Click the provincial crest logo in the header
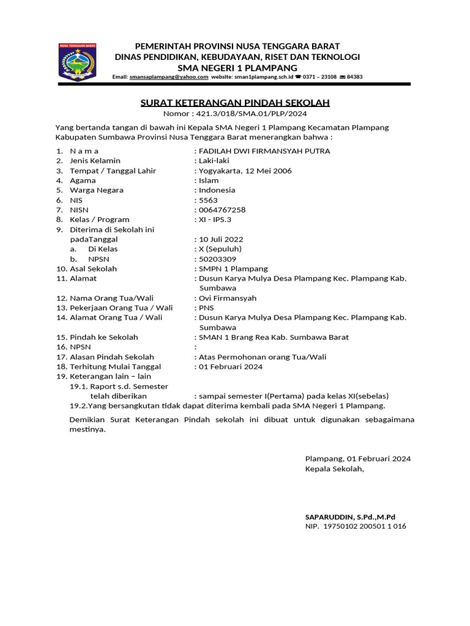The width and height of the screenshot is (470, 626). click(77, 61)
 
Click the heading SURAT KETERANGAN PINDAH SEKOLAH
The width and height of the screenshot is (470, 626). click(235, 103)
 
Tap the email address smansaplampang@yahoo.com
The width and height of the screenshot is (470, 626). click(169, 77)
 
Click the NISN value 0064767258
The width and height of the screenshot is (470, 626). click(222, 210)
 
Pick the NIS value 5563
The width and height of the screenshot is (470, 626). click(208, 200)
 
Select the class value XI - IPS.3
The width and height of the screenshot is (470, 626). click(215, 219)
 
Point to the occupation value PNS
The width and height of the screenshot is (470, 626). click(206, 308)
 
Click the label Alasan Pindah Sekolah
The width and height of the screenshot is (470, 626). click(111, 357)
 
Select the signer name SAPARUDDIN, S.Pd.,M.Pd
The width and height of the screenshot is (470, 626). click(350, 517)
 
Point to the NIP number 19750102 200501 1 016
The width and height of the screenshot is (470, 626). click(364, 526)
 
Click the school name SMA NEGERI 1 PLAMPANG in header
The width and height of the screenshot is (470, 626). click(237, 67)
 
